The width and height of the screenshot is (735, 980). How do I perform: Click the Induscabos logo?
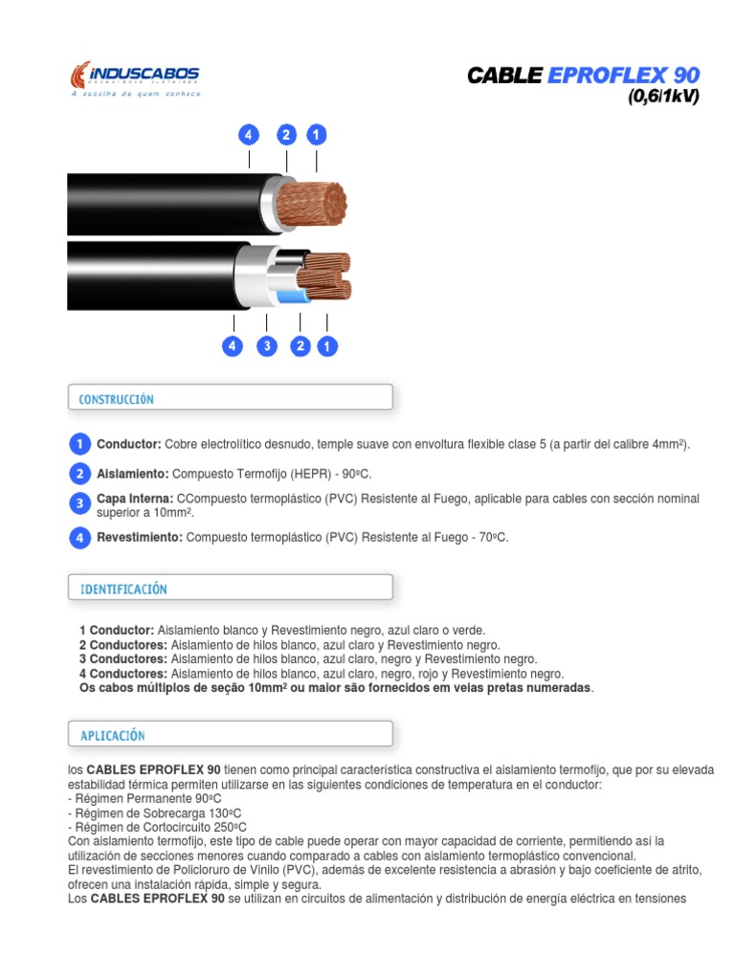[x=135, y=78]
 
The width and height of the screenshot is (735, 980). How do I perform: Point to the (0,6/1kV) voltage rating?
[x=663, y=97]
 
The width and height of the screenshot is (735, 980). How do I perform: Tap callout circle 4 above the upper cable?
[x=249, y=135]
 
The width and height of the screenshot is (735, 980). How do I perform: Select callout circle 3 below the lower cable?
[x=267, y=346]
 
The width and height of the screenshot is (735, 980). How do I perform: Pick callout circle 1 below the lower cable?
[x=327, y=346]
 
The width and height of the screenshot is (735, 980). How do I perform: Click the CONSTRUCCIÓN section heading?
[x=116, y=399]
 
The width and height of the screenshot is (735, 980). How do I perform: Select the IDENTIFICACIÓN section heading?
[x=122, y=589]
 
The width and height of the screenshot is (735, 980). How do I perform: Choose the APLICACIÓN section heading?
[x=112, y=735]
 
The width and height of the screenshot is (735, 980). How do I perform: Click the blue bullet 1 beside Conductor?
[x=80, y=444]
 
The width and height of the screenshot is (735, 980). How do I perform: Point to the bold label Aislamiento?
[x=132, y=474]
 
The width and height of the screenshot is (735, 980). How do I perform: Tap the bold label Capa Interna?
[x=135, y=499]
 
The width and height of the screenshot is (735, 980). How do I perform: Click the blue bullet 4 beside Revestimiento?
[x=80, y=537]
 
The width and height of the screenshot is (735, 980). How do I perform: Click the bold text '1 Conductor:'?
[x=116, y=630]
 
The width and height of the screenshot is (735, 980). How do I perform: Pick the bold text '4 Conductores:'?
[x=122, y=674]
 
